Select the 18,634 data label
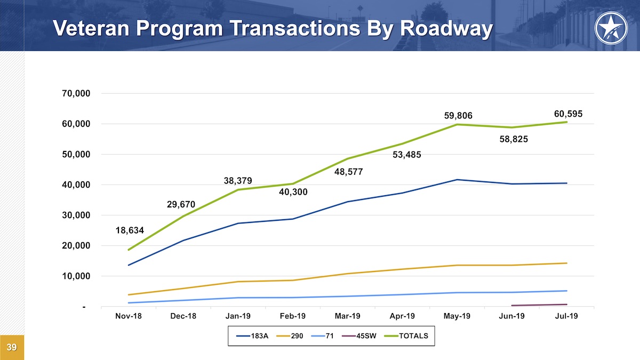130,231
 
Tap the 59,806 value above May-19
458,116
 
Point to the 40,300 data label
293,192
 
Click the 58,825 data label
513,140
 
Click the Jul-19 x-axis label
567,316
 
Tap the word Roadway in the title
446,28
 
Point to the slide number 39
12,348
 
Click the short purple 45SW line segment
539,305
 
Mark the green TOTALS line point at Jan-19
238,190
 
